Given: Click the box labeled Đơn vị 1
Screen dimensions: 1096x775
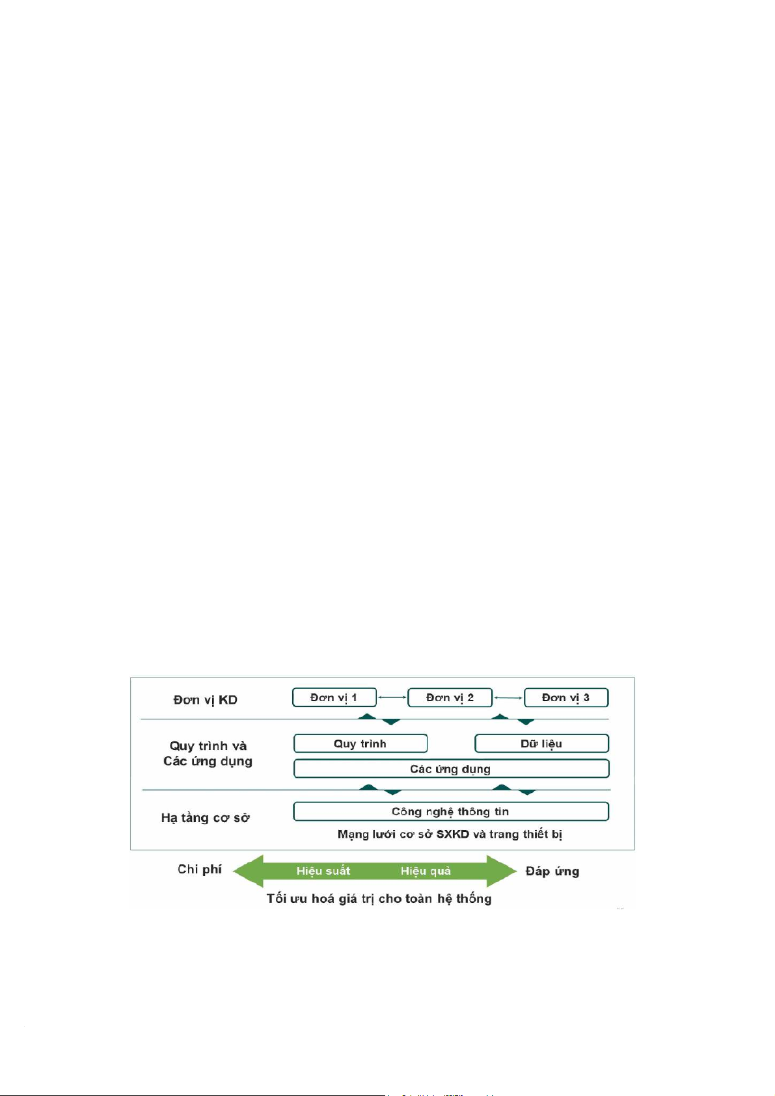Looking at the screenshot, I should click(x=334, y=697).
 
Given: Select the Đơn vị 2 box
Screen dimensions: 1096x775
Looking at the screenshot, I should click(x=450, y=697).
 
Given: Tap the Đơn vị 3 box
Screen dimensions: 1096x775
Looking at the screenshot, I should click(x=565, y=697).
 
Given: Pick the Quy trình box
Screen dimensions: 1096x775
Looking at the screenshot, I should click(x=360, y=743).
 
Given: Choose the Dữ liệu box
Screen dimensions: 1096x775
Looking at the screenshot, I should click(x=541, y=743).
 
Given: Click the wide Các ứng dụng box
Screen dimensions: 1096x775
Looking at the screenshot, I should click(x=450, y=769).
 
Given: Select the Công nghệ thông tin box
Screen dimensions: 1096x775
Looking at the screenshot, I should click(x=450, y=811).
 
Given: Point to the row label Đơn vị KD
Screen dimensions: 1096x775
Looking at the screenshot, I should click(x=205, y=700).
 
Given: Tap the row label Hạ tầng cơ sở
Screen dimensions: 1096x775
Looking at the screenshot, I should click(x=206, y=818).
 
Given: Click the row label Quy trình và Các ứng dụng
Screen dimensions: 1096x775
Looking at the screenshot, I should click(x=208, y=753).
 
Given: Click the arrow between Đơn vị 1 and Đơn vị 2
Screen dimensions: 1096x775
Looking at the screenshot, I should click(x=392, y=698).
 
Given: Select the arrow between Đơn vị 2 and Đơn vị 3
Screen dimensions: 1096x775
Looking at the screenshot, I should click(x=508, y=698).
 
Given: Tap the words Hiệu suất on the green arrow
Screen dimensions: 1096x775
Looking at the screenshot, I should click(x=323, y=871).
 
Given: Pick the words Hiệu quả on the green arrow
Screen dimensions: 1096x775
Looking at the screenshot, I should click(x=426, y=871).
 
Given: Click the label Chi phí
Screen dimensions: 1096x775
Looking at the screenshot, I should click(x=199, y=869).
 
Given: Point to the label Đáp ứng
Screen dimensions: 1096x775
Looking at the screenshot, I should click(x=552, y=871).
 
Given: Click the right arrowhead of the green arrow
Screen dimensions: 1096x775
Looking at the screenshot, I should click(x=502, y=871).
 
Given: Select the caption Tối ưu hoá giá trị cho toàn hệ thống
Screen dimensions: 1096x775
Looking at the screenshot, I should click(x=379, y=898).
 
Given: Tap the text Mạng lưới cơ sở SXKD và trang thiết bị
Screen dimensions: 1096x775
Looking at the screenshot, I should click(x=450, y=834).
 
